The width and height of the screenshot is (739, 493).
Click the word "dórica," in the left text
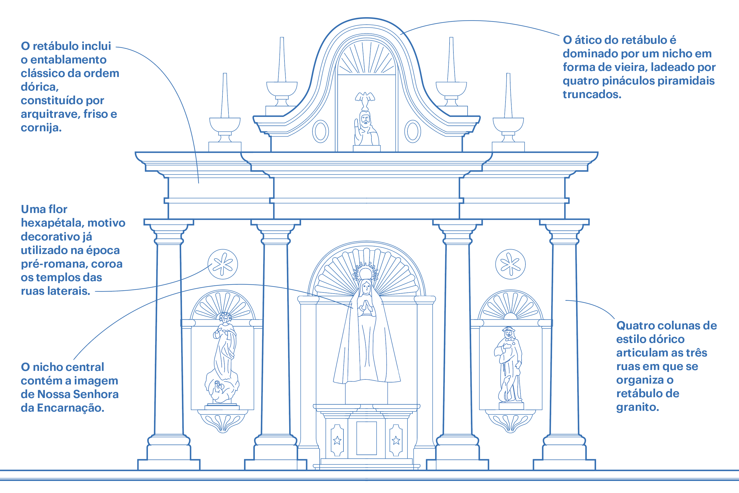(x=40, y=87)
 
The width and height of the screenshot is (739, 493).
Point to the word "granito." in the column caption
(x=637, y=407)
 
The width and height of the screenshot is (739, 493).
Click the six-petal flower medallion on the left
(x=223, y=265)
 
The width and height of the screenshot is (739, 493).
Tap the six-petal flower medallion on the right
(x=510, y=265)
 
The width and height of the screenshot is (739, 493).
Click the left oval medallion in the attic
(x=320, y=132)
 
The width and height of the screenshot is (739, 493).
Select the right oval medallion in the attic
(x=413, y=132)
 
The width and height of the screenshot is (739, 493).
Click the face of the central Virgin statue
(x=366, y=288)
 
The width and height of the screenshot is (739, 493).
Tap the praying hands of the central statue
(x=365, y=307)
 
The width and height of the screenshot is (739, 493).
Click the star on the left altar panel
(x=337, y=440)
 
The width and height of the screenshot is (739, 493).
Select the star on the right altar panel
(x=396, y=440)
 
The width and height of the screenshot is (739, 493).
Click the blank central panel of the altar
(x=366, y=438)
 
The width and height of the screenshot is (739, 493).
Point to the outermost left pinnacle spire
(x=225, y=96)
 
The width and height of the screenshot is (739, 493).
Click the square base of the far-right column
(x=564, y=465)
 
